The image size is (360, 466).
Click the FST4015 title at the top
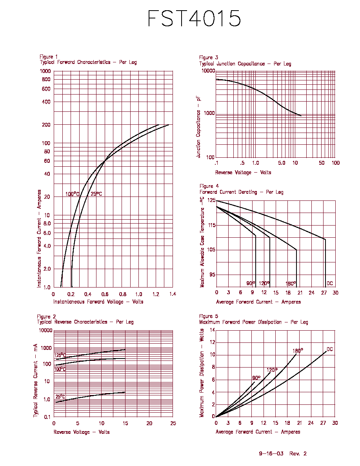(x=194, y=18)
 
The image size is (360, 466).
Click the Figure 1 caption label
(x=49, y=57)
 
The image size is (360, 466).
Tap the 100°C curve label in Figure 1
(x=73, y=194)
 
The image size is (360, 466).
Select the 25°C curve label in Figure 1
(x=96, y=194)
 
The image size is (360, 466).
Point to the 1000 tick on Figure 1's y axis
(x=45, y=71)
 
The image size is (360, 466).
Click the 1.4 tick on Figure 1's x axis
(x=173, y=294)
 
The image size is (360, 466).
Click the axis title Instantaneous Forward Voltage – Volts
(x=98, y=302)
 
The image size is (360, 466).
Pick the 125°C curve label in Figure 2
(x=60, y=355)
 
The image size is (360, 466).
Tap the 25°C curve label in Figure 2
(x=60, y=397)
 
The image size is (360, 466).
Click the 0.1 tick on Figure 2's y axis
(x=47, y=417)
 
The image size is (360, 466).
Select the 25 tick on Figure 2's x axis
(x=173, y=423)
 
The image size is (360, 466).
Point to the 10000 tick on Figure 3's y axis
(x=208, y=71)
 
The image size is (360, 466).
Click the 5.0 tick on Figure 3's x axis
(x=282, y=163)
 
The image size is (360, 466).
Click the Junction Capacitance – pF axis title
(x=198, y=127)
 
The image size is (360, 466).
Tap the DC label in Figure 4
(x=330, y=283)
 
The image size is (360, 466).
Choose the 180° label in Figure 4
(x=291, y=284)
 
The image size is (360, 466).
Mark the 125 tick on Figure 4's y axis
(x=211, y=200)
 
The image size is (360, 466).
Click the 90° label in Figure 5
(x=256, y=378)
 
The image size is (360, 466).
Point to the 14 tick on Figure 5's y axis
(x=213, y=330)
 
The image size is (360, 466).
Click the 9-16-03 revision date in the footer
(x=271, y=453)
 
